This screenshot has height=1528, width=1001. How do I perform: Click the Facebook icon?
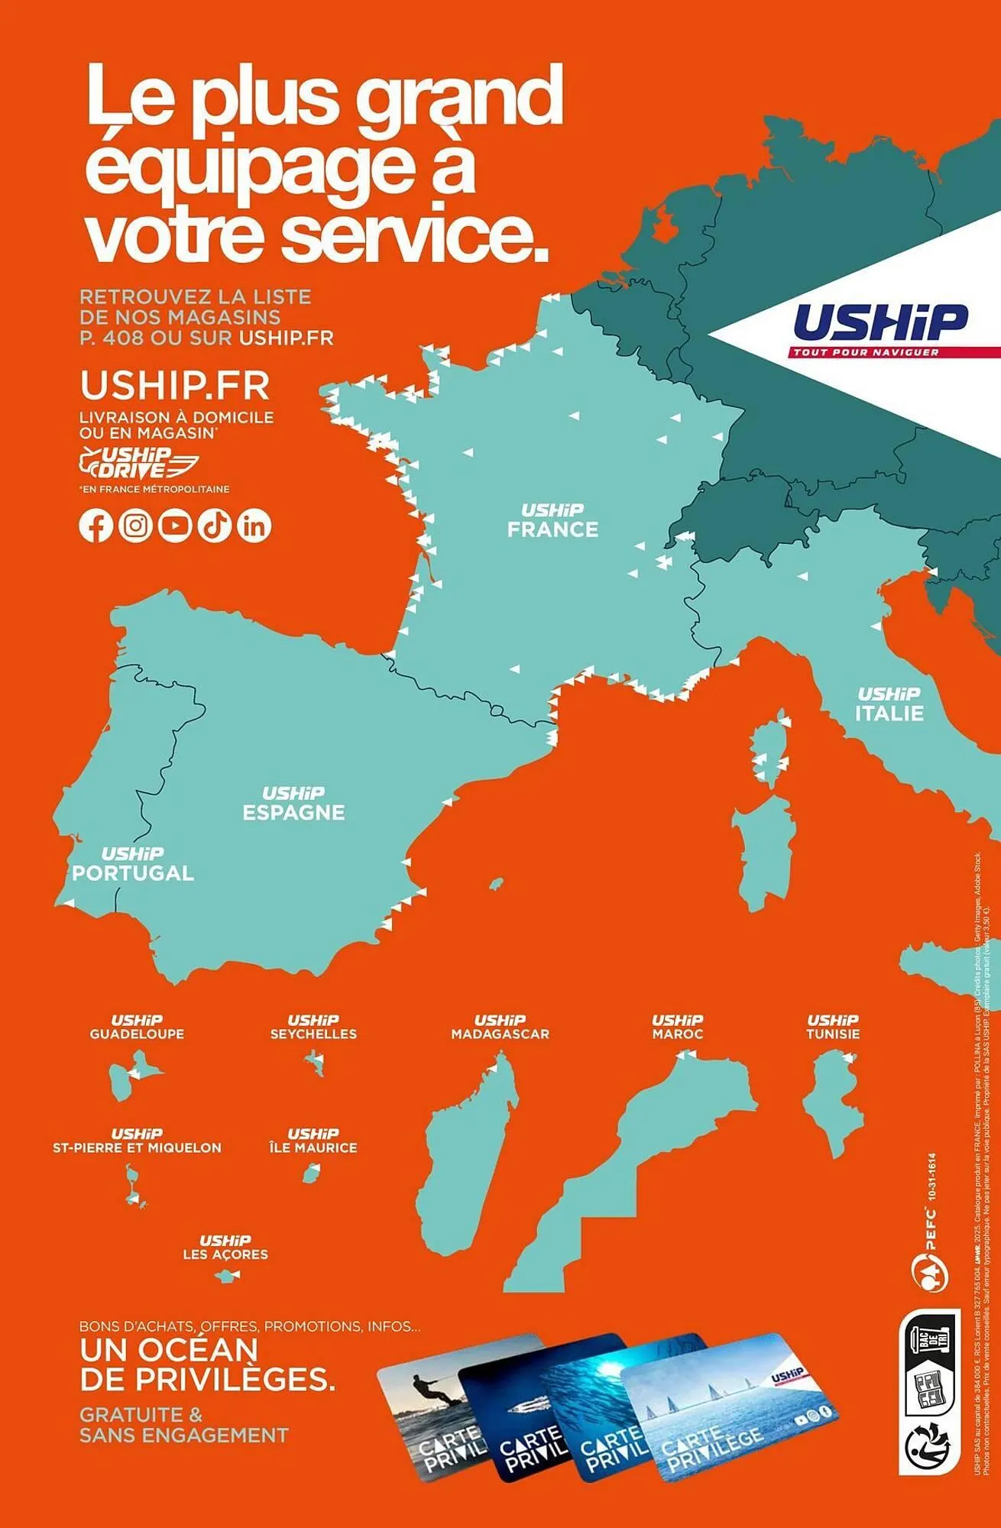(x=96, y=526)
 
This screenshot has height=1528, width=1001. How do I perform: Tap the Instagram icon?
(x=135, y=526)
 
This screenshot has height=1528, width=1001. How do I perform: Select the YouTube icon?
(x=175, y=526)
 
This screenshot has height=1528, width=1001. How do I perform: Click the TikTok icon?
(x=215, y=526)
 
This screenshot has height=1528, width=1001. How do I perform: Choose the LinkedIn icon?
(x=254, y=526)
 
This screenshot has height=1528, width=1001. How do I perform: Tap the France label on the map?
(x=552, y=521)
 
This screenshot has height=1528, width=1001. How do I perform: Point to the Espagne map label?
(x=293, y=804)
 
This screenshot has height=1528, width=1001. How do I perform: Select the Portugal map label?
(x=133, y=865)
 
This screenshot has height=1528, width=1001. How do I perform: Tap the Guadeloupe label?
(x=137, y=1028)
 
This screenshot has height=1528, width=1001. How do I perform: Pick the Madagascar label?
(x=500, y=1028)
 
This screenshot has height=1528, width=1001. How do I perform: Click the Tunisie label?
(x=833, y=1028)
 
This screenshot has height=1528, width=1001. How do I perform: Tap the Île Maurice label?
(x=313, y=1141)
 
